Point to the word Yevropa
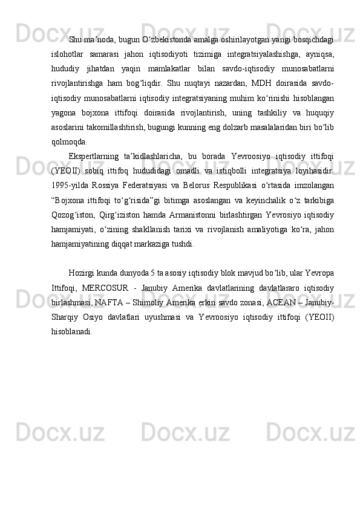click(x=321, y=275)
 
